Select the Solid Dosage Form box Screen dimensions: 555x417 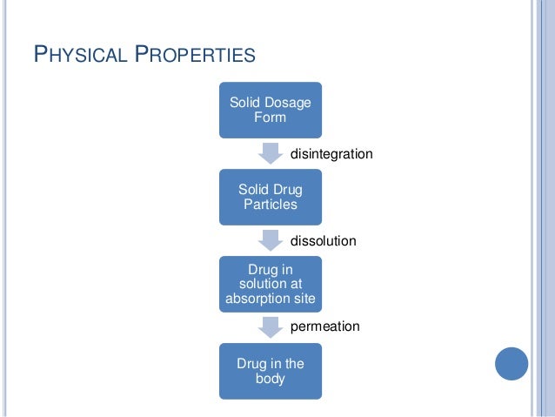click(270, 110)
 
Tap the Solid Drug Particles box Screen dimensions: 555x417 click(270, 197)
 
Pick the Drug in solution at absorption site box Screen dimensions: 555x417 click(270, 284)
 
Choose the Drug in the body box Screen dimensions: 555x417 click(270, 371)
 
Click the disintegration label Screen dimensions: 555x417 click(331, 154)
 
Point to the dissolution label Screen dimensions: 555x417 click(323, 240)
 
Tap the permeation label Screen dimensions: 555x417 click(324, 326)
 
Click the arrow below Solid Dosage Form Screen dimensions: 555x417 click(270, 153)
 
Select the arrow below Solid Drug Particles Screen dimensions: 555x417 click(270, 239)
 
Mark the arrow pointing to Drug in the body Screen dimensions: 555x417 click(270, 326)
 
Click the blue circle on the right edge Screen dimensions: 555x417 click(512, 362)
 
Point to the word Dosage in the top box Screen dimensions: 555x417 click(288, 103)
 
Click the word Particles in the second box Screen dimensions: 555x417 click(270, 205)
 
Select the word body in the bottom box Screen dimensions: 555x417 click(270, 379)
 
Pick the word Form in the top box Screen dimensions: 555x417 click(270, 118)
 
